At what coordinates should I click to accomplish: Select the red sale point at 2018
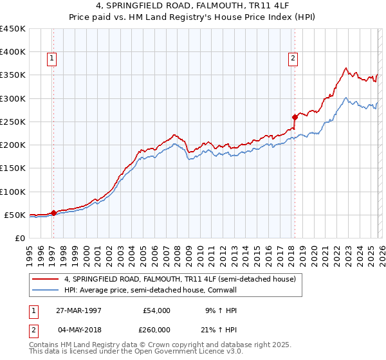coord(295,117)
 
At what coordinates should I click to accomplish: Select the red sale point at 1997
coord(54,213)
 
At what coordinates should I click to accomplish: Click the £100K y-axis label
coord(13,192)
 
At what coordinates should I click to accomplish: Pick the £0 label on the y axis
coord(19,239)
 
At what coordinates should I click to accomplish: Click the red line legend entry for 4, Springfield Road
coord(179,280)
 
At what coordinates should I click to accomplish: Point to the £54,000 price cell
coord(157,310)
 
